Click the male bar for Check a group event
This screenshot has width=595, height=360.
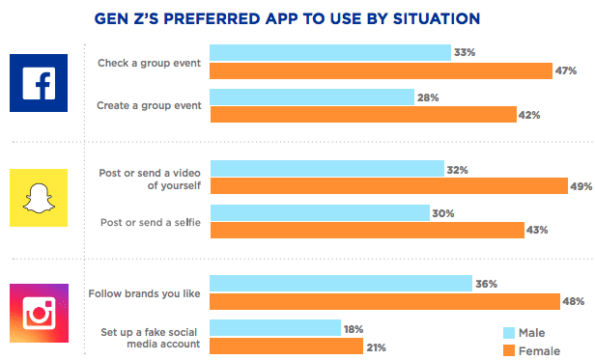tap(330, 52)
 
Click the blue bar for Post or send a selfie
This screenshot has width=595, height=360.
tap(320, 212)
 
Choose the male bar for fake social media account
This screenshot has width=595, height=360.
tap(275, 327)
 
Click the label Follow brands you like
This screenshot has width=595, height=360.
tap(145, 292)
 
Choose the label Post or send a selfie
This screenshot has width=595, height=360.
tap(150, 221)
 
